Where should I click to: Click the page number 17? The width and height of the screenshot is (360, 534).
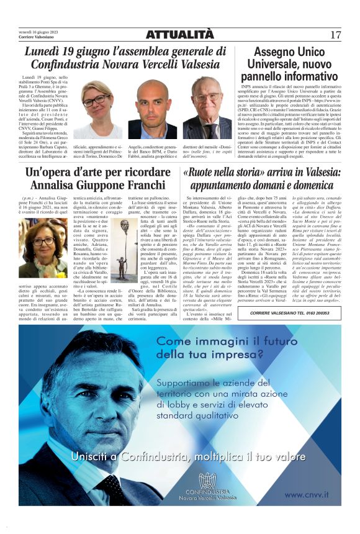(x=335, y=35)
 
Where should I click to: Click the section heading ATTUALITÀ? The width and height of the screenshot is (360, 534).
(x=180, y=35)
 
